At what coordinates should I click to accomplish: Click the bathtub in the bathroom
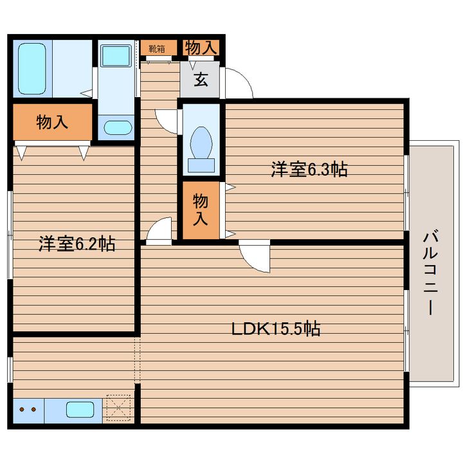pyautogui.click(x=32, y=69)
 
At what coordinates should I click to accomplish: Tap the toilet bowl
pyautogui.click(x=201, y=143)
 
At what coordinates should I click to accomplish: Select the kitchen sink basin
pyautogui.click(x=80, y=410)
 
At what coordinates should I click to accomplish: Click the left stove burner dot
pyautogui.click(x=22, y=409)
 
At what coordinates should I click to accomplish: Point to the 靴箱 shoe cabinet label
pyautogui.click(x=157, y=49)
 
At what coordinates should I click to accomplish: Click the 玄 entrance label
pyautogui.click(x=201, y=80)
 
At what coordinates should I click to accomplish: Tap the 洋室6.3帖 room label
pyautogui.click(x=309, y=169)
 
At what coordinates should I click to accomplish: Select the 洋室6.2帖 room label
pyautogui.click(x=77, y=244)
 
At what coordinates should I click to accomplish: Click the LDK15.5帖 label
pyautogui.click(x=276, y=329)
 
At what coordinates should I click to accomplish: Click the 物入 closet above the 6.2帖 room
pyautogui.click(x=52, y=122)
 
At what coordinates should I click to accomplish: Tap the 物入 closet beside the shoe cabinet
pyautogui.click(x=201, y=48)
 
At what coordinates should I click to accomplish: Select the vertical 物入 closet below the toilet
pyautogui.click(x=201, y=210)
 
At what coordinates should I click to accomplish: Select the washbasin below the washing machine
pyautogui.click(x=117, y=127)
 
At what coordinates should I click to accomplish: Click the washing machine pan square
pyautogui.click(x=116, y=56)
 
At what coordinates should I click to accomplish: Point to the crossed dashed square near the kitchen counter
pyautogui.click(x=118, y=408)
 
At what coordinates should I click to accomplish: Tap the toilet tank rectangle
pyautogui.click(x=201, y=165)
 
